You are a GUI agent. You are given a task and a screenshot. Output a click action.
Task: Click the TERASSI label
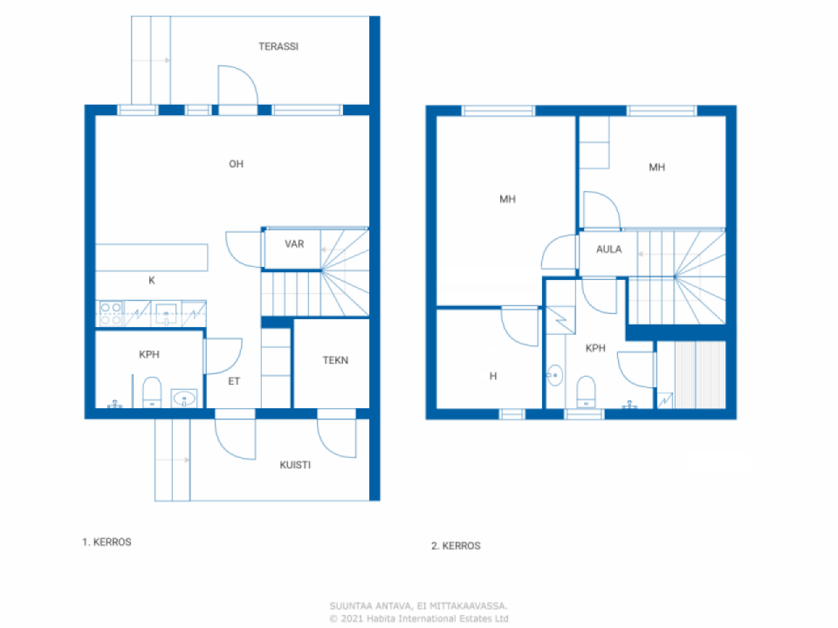click(278, 46)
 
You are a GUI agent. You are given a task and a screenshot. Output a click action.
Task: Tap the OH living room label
click(236, 164)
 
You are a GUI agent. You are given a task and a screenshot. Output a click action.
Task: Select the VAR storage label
click(294, 244)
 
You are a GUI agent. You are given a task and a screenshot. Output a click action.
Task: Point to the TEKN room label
click(335, 360)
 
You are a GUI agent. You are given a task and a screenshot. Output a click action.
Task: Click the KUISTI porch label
click(295, 465)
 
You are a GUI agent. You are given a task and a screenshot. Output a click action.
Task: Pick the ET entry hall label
click(234, 381)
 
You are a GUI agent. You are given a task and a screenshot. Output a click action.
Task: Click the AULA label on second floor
click(609, 249)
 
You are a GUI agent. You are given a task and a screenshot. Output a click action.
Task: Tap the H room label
click(493, 376)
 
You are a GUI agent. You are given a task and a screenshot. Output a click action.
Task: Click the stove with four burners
click(111, 314)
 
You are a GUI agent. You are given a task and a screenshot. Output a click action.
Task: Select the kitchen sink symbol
click(166, 314)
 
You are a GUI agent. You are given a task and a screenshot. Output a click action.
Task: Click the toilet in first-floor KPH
click(152, 392)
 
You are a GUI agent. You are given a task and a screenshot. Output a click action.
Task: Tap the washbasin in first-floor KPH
click(184, 398)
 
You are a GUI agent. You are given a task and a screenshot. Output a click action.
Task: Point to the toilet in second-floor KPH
click(586, 392)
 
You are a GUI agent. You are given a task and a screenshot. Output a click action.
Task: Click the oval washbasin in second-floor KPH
click(555, 375)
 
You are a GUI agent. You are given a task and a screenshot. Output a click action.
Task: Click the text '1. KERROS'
click(107, 542)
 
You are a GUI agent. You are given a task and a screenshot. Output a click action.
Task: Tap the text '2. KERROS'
click(456, 546)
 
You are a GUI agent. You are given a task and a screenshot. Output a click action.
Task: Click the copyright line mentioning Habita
click(419, 618)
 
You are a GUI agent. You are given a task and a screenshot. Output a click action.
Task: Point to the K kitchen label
click(152, 281)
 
